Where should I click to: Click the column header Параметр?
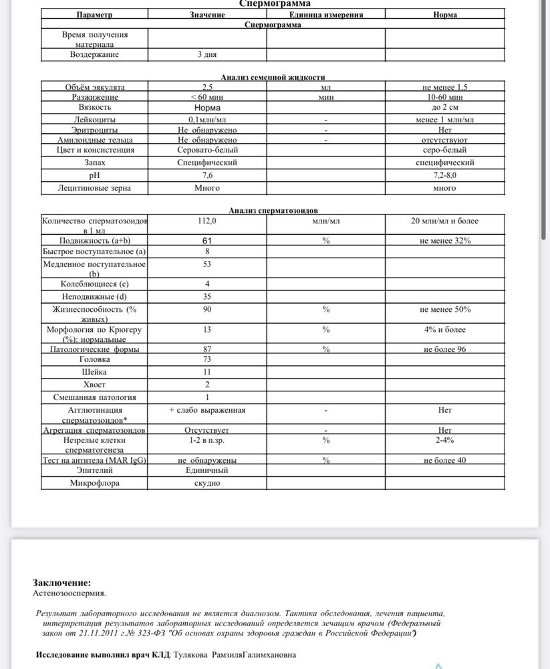[94, 14]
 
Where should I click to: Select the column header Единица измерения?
[325, 14]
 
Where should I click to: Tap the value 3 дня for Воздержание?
[207, 54]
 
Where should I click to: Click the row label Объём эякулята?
[94, 87]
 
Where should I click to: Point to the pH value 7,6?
[207, 175]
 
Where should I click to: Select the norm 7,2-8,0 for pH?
[444, 175]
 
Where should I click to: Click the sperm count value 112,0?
[207, 221]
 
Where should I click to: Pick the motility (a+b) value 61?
[207, 240]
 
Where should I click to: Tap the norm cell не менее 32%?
[445, 240]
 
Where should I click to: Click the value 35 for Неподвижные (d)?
[207, 296]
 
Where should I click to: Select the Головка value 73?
[207, 359]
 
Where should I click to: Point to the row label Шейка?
[94, 372]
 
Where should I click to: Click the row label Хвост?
[94, 385]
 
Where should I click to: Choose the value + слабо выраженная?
[207, 409]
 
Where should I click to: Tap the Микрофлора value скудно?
[207, 483]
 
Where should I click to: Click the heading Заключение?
[61, 583]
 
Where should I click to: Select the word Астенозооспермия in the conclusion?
[69, 593]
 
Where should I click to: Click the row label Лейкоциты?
[94, 119]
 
